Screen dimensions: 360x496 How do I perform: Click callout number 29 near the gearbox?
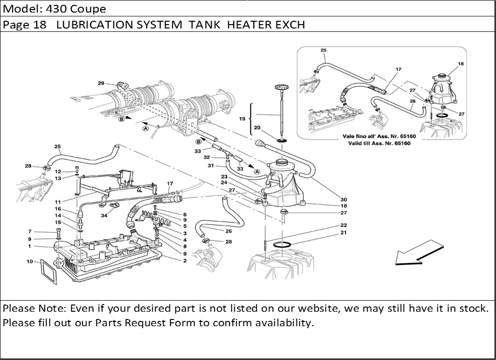pos(101,83)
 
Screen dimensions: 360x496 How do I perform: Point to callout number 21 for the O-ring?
pos(344,233)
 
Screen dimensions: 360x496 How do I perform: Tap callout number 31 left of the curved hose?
pos(210,166)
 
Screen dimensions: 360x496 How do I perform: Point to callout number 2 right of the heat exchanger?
pos(184,261)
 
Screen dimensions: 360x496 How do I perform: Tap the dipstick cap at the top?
pos(281,88)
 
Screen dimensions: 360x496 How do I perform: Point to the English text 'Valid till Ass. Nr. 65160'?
pos(379,143)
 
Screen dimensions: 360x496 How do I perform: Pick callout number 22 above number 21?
pos(344,225)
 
